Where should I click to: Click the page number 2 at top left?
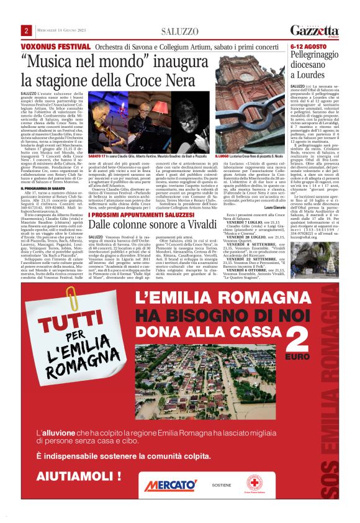[x=27, y=31]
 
